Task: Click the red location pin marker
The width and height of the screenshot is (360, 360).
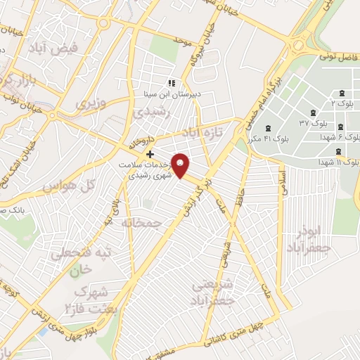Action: pos(181,165)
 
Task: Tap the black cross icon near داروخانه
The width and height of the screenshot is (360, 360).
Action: pos(150,153)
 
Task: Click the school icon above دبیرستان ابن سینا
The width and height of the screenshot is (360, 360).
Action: pos(172,84)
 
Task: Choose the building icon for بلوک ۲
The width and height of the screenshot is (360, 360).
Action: pos(342,94)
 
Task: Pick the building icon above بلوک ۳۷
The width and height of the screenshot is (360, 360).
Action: pos(313,112)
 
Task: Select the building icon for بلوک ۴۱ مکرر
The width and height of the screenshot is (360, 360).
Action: pos(269,127)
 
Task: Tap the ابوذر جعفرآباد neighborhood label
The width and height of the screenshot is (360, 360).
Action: pos(308,240)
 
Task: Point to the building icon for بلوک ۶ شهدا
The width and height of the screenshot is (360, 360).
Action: pos(340,127)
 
